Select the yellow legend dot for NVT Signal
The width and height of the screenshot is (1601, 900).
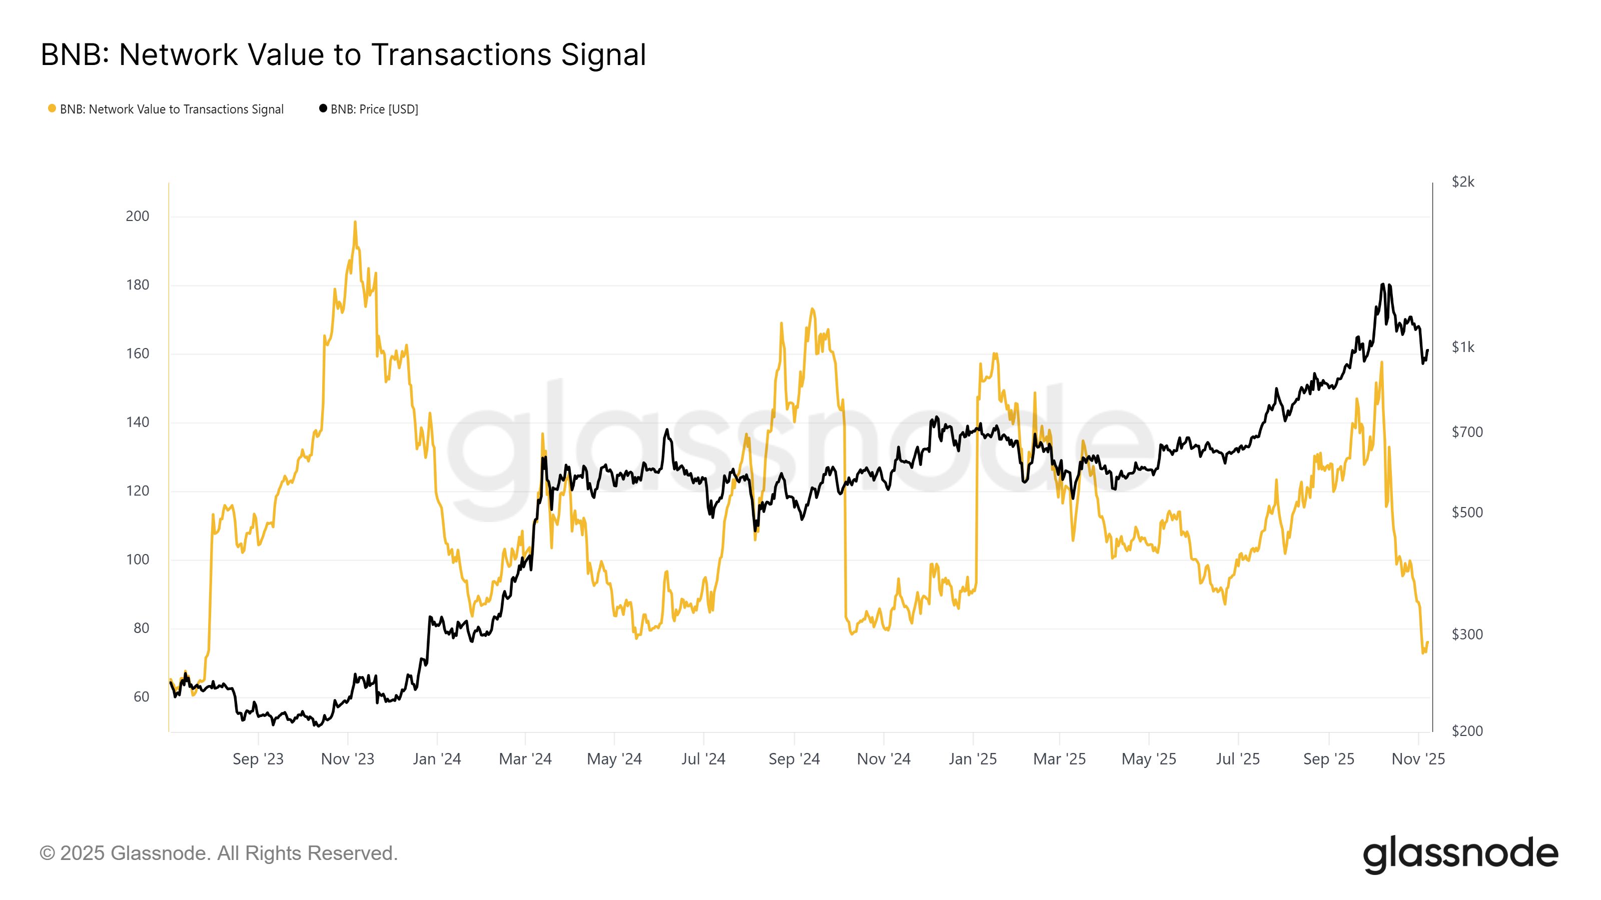[x=52, y=108]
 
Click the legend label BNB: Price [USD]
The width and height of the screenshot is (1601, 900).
[x=374, y=109]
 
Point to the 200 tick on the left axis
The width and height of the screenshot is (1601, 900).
[x=138, y=216]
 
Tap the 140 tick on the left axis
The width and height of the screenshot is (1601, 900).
[x=138, y=422]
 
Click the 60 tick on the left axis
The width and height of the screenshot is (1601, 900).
[x=141, y=697]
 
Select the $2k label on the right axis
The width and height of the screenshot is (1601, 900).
[x=1462, y=182]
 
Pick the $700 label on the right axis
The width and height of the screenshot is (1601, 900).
[x=1467, y=432]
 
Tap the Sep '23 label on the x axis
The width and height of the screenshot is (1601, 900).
[x=258, y=759]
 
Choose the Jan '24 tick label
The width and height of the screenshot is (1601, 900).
[x=437, y=759]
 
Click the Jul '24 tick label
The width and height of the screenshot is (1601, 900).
[x=703, y=759]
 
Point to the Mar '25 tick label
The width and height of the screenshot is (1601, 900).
[x=1059, y=759]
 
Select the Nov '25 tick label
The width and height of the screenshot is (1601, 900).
[x=1418, y=759]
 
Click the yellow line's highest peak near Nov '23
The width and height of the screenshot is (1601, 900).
[x=355, y=221]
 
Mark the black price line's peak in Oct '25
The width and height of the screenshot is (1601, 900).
[x=1382, y=284]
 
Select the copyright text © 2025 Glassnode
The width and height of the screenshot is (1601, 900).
[x=218, y=853]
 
